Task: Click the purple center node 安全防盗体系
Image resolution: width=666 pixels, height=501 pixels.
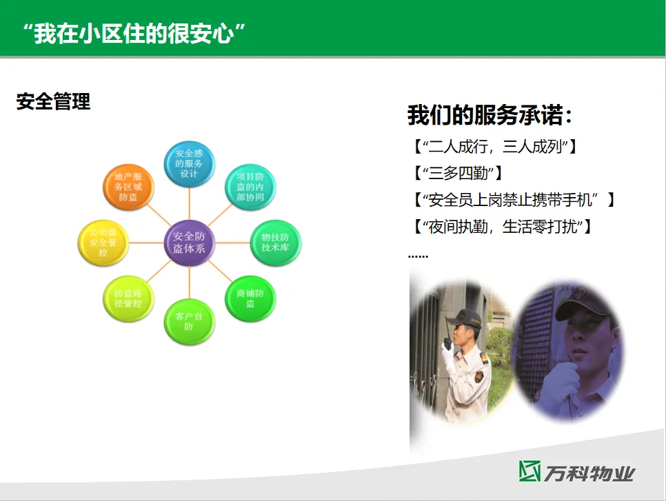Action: point(190,243)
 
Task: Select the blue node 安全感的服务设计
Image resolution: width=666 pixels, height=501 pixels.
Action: point(190,163)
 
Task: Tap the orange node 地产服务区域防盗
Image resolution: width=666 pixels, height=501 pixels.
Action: point(128,187)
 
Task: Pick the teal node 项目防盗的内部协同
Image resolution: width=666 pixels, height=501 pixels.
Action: point(250,187)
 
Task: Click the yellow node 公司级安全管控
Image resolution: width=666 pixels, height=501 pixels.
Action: point(103,243)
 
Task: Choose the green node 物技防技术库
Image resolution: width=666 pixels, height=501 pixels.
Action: point(276,243)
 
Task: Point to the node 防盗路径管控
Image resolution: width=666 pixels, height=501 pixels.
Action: point(128,298)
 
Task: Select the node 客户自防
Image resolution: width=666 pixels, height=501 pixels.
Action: point(189,321)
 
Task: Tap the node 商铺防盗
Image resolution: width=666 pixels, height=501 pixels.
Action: point(250,298)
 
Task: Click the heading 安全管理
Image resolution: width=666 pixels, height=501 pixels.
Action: point(53,102)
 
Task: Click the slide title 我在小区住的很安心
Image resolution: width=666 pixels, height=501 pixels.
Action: point(134,34)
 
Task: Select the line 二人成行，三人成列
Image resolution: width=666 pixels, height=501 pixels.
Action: point(495,147)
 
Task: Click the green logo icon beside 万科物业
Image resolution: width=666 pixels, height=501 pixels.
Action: point(529,471)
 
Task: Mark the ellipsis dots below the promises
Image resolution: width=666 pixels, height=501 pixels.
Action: point(418,256)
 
